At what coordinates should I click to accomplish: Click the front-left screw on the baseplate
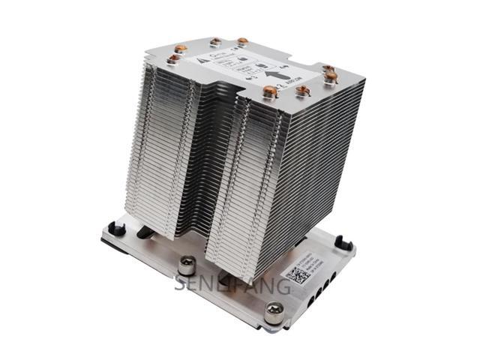[187, 263]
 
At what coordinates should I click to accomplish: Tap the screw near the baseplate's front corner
[274, 307]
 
